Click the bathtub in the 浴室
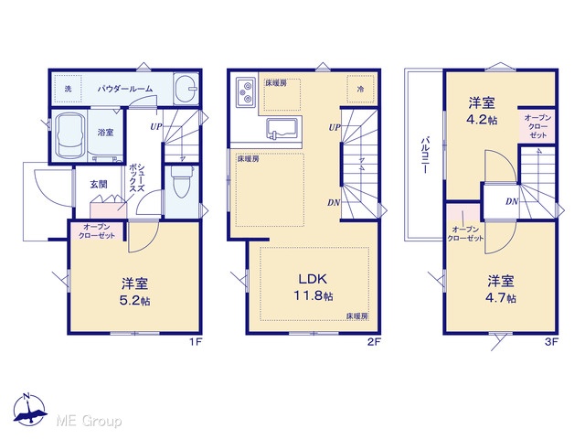point(69,135)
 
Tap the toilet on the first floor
point(181,181)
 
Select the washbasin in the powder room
point(186,89)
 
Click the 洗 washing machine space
point(68,89)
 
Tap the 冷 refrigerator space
point(360,89)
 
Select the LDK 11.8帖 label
point(313,287)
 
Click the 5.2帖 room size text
point(134,301)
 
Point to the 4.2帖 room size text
point(482,120)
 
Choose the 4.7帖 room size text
point(500,298)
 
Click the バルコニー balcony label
point(424,155)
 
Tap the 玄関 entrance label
point(99,184)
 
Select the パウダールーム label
point(125,89)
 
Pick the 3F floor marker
point(550,341)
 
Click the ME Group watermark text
point(89,422)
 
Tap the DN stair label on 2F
point(334,203)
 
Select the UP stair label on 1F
point(156,127)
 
